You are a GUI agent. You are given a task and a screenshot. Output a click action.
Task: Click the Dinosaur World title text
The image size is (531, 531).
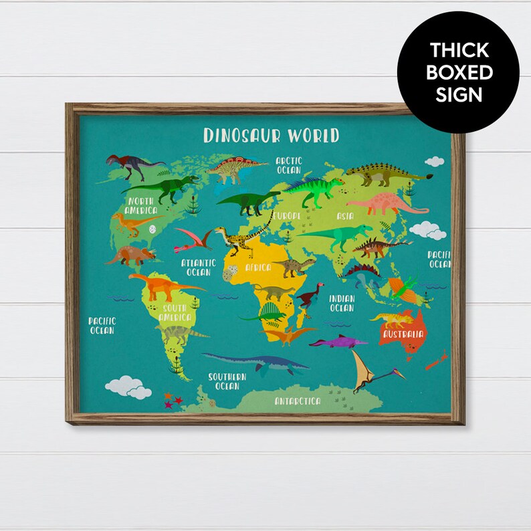click(271, 135)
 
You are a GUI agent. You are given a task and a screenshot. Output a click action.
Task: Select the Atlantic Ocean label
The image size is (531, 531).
click(199, 268)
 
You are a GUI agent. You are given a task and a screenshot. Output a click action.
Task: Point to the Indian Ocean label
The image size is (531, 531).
click(342, 304)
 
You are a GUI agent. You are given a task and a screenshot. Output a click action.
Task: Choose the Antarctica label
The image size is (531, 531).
click(298, 401)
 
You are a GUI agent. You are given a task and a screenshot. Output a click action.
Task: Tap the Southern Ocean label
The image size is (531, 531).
click(227, 381)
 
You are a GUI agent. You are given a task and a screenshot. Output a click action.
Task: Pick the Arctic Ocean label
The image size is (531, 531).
click(289, 165)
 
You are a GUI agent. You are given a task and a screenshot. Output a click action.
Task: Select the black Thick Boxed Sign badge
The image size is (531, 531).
click(458, 72)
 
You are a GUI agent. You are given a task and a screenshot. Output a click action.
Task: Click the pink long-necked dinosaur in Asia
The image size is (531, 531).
click(385, 204)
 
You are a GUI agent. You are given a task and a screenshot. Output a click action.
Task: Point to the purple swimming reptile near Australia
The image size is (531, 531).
click(338, 342)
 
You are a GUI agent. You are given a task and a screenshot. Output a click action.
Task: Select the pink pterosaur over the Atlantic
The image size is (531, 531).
click(193, 239)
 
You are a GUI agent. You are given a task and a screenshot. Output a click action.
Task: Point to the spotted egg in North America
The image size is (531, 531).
click(154, 229)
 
